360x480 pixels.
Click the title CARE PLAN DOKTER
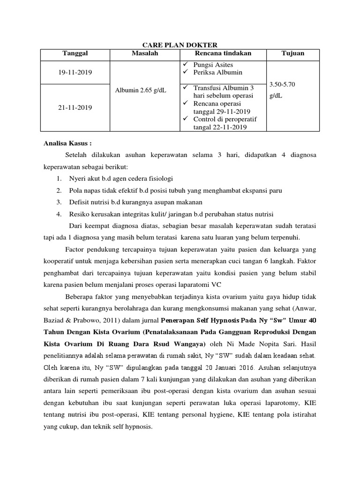pos(180,45)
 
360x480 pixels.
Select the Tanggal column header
pos(75,53)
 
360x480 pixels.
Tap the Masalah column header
pos(145,53)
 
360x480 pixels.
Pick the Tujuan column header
pos(292,53)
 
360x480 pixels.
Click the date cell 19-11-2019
pos(75,73)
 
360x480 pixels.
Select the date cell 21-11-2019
pos(75,107)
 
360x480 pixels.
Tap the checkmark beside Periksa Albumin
pos(186,72)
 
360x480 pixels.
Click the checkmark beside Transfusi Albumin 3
pos(186,88)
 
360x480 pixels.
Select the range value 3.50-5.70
pos(282,84)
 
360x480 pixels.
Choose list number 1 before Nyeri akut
pos(59,179)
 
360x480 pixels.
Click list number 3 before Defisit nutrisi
pos(59,202)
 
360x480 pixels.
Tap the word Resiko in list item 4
pos(80,214)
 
